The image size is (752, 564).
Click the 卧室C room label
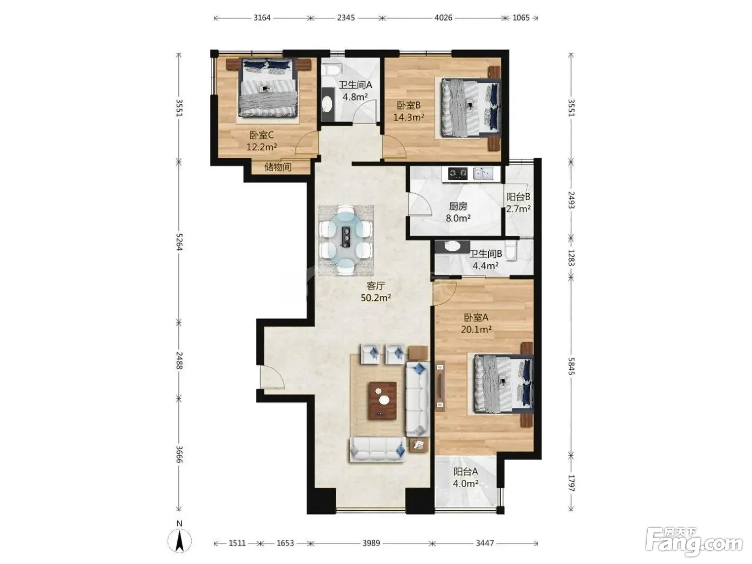pos(262,135)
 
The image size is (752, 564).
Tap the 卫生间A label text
pos(355,85)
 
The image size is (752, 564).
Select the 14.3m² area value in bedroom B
pos(409,118)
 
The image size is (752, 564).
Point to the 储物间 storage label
pos(278,167)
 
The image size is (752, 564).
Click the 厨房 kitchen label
pos(458,206)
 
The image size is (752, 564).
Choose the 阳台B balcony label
pos(518,197)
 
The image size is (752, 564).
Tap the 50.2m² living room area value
pos(376,298)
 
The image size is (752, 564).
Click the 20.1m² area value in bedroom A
pos(476,329)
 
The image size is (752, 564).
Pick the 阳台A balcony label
pos(466,472)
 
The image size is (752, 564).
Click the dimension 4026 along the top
pos(443,18)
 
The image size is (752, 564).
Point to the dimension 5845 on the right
pos(571,366)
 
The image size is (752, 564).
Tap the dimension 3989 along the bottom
pos(371,543)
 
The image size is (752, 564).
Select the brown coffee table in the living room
pos(382,401)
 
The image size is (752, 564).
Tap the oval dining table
pos(346,240)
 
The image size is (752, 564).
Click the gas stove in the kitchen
pos(458,173)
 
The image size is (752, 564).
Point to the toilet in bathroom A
pos(331,69)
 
